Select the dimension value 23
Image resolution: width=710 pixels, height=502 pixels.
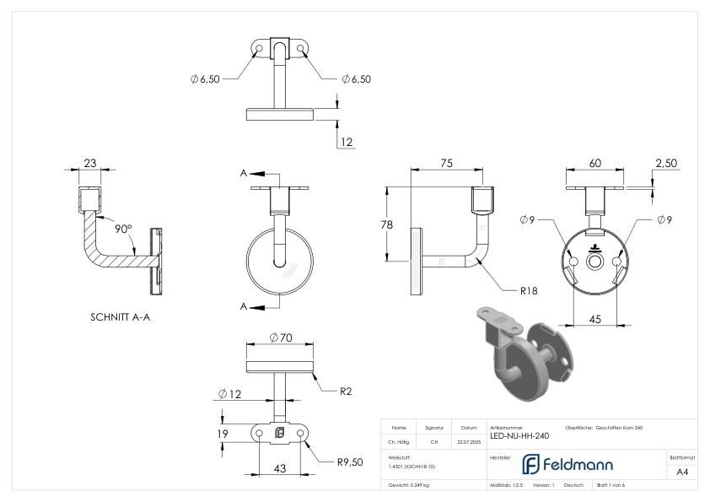89,163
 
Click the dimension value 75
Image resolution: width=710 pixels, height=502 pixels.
448,163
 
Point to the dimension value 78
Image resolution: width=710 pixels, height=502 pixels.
387,225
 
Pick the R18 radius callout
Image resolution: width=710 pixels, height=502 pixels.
529,290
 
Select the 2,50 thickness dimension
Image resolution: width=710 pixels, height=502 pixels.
666,163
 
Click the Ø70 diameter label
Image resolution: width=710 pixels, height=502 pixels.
280,338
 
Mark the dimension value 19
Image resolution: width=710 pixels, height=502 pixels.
222,435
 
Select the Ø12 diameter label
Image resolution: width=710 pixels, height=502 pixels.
229,394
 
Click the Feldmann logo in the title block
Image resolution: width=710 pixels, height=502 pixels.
567,464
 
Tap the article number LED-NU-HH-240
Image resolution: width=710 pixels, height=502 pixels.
519,436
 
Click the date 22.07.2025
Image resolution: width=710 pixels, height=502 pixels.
469,441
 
